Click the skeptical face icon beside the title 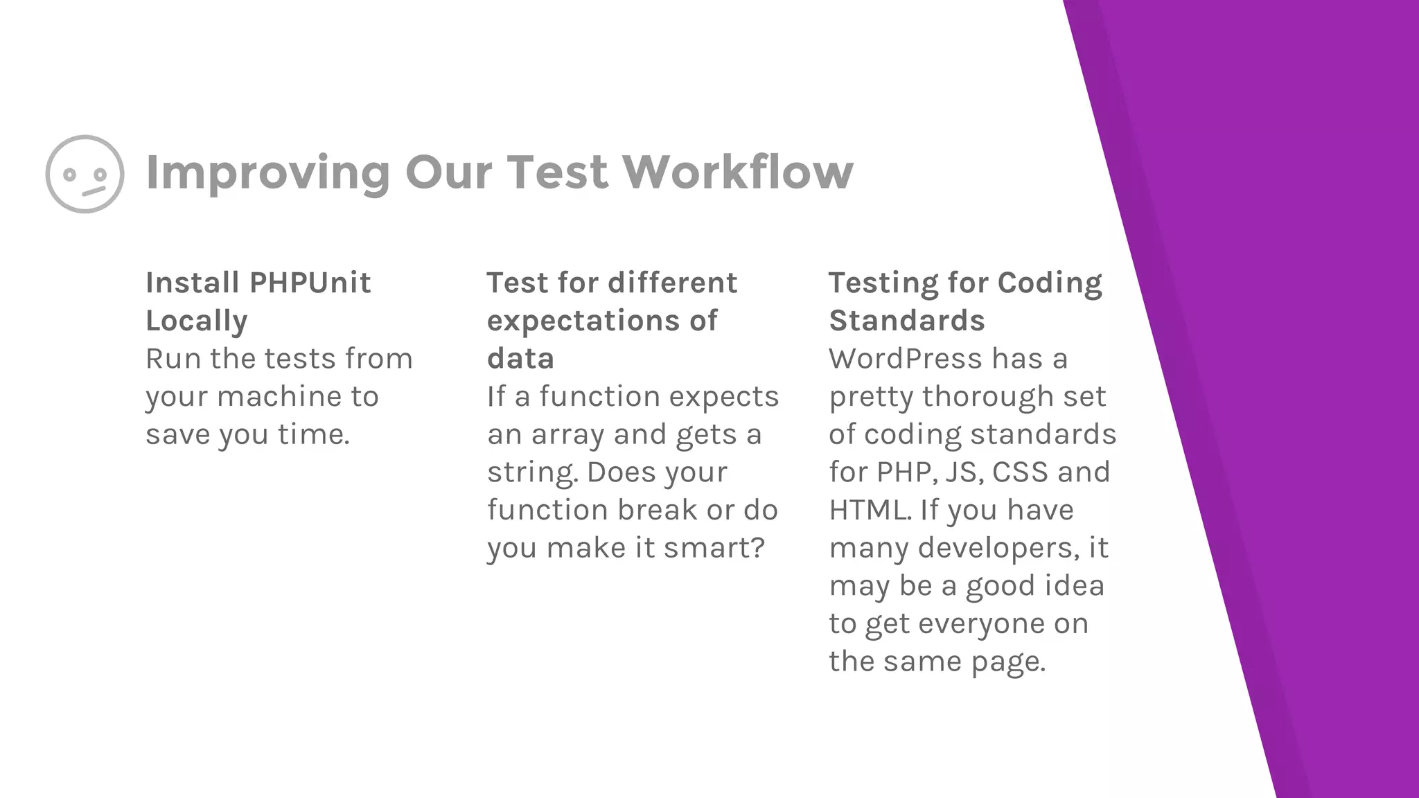[85, 174]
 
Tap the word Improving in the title [268, 173]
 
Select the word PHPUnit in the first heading [310, 283]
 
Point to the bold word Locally [196, 321]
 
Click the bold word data [520, 359]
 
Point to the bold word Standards [906, 321]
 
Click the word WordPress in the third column [905, 359]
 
